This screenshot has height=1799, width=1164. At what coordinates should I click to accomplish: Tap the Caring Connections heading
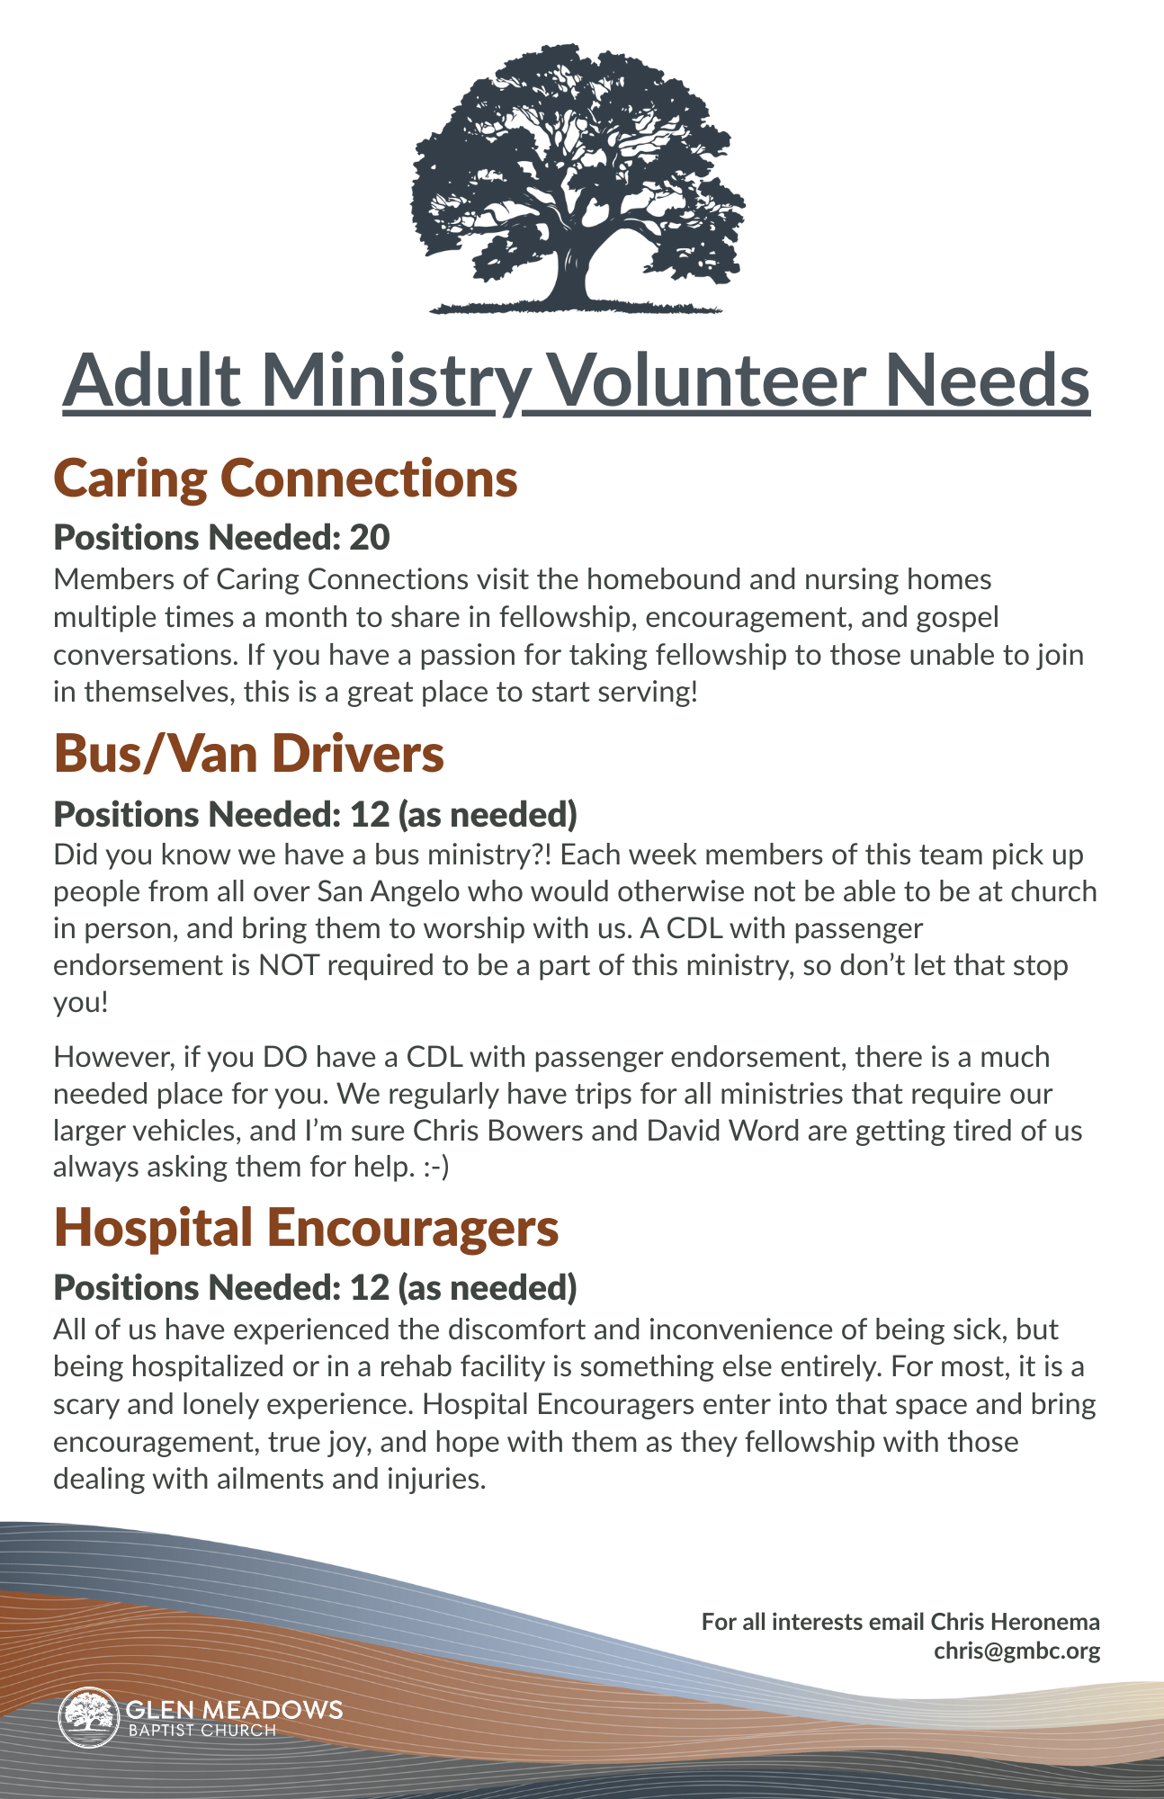pyautogui.click(x=285, y=478)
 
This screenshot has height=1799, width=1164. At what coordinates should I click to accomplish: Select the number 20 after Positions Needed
pyautogui.click(x=369, y=538)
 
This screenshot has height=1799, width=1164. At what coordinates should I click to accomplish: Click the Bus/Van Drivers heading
pyautogui.click(x=249, y=754)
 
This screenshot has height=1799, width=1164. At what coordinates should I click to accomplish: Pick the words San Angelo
pyautogui.click(x=389, y=891)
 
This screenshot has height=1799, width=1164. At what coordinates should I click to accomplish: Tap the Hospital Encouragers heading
pyautogui.click(x=306, y=1228)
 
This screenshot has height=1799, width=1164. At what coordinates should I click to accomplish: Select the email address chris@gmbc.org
pyautogui.click(x=1016, y=1651)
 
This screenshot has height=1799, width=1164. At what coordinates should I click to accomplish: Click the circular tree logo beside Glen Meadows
pyautogui.click(x=88, y=1717)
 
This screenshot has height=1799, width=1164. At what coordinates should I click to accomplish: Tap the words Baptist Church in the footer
pyautogui.click(x=201, y=1731)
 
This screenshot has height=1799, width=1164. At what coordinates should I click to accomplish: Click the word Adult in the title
pyautogui.click(x=152, y=380)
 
